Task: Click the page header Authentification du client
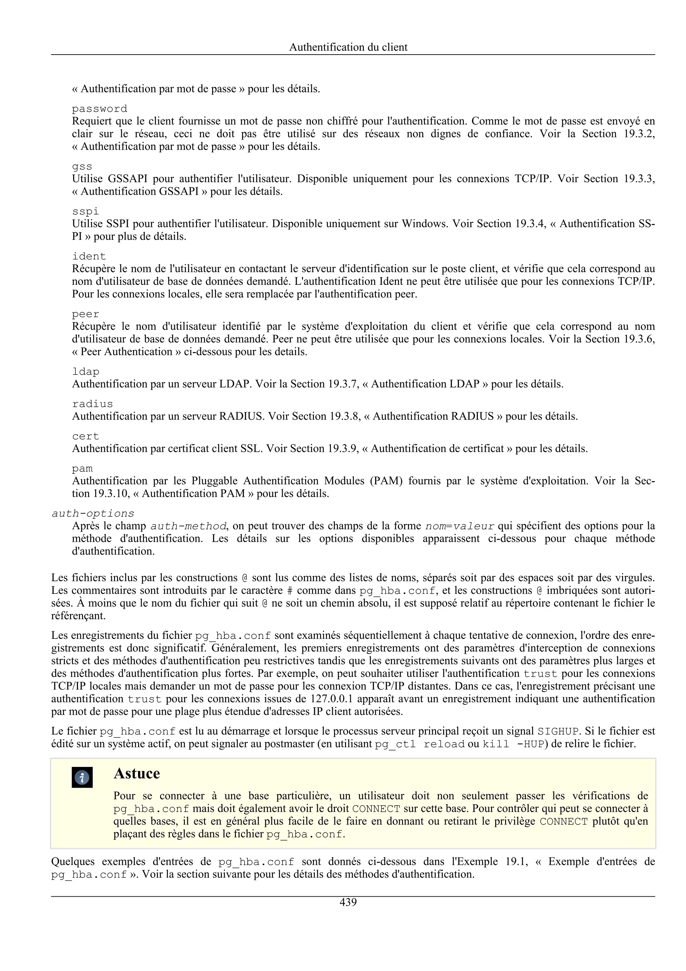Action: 348,47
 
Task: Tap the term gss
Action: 82,166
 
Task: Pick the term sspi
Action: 85,211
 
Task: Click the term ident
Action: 89,256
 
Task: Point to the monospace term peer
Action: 85,314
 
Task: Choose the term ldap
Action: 85,371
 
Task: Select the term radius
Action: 92,403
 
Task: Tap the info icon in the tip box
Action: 82,777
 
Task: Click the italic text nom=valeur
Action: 460,526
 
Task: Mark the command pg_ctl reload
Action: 419,744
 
